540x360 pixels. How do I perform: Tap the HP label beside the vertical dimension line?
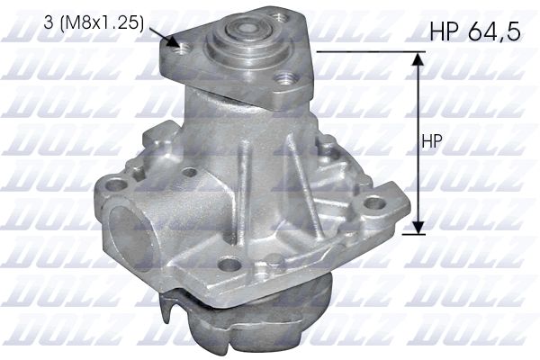click(432, 141)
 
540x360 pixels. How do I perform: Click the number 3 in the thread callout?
click(49, 22)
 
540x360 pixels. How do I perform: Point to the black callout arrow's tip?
click(179, 46)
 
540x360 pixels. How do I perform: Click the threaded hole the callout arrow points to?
click(182, 49)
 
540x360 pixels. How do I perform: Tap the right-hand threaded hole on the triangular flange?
click(284, 79)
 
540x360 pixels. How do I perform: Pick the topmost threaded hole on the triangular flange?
click(278, 16)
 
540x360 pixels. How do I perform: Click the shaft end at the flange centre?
click(244, 27)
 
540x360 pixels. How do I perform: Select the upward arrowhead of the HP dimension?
click(418, 58)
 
